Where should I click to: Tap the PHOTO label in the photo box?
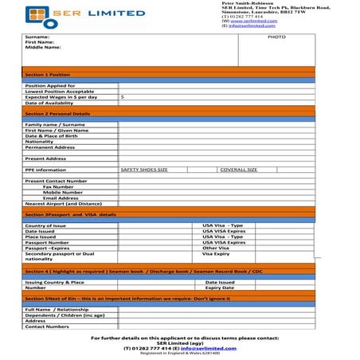click(276, 37)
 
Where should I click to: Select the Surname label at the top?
click(37, 37)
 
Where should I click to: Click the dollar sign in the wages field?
click(122, 97)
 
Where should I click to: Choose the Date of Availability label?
click(49, 104)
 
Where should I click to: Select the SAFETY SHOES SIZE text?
click(144, 170)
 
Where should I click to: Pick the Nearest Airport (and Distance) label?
click(65, 204)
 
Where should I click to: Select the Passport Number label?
click(47, 242)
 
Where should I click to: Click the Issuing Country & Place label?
click(54, 282)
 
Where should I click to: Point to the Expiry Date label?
click(220, 288)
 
